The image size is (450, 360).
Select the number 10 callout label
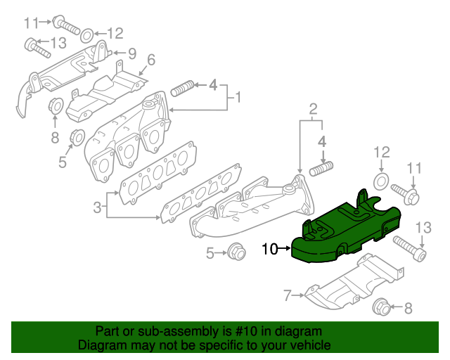pos(269,248)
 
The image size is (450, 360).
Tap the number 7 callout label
pos(287,296)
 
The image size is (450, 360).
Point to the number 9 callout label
pos(131,53)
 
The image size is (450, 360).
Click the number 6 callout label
pos(150,60)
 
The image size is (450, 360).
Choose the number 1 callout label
pos(238,96)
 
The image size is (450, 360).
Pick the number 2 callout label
pos(313,108)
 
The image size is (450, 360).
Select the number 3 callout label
pos(97,207)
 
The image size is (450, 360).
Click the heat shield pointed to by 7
pos(352,285)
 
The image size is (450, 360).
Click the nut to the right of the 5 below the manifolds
pos(236,251)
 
